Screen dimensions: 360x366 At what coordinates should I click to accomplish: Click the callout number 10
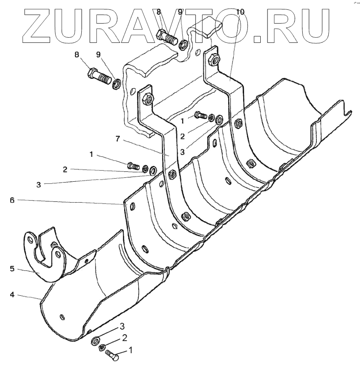[240, 12]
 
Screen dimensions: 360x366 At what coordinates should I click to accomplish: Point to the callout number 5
[12, 269]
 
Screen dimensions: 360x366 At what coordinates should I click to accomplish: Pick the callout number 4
[12, 295]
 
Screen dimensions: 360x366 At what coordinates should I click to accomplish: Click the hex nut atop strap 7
[146, 98]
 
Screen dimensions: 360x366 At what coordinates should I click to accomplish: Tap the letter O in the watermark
[231, 26]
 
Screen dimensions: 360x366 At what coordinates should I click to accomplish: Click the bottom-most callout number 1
[131, 350]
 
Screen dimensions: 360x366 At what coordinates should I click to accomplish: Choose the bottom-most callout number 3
[122, 326]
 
